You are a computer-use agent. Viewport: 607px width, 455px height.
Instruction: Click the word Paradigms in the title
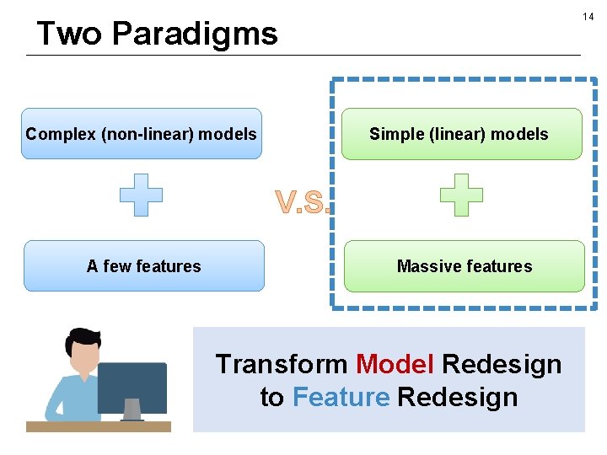pos(194,34)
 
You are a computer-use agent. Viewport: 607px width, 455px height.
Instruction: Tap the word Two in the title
pos(70,34)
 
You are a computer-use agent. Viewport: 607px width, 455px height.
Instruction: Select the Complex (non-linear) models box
pos(142,134)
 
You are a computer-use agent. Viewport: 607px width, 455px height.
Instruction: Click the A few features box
pos(143,266)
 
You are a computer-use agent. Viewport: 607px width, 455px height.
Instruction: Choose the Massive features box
pos(464,266)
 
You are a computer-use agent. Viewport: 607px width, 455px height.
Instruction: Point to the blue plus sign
pos(141,195)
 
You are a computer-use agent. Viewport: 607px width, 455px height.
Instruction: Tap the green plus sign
pos(462,195)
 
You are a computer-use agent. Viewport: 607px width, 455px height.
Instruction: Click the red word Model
pos(395,364)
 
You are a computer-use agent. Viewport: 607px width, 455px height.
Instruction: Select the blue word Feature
pos(341,397)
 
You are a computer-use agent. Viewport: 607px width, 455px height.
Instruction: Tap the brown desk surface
pos(98,426)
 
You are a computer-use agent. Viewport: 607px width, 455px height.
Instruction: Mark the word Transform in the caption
pos(281,364)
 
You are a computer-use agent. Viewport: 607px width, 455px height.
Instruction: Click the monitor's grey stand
pos(132,410)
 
